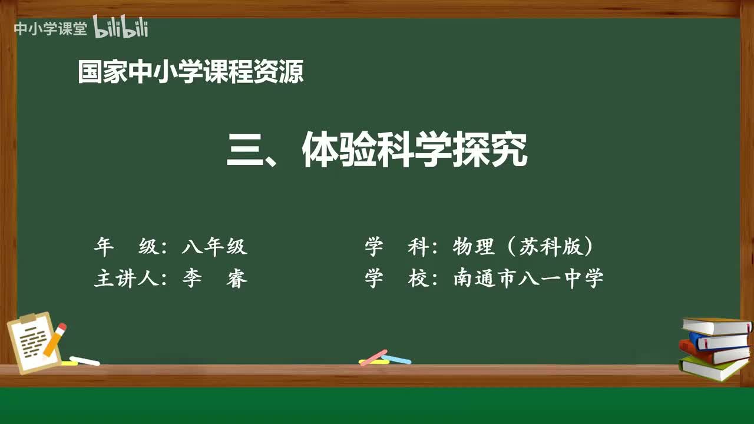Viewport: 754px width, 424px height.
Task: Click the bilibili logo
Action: (121, 28)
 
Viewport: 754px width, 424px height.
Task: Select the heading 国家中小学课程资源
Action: (191, 72)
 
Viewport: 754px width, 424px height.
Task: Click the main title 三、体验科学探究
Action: (377, 150)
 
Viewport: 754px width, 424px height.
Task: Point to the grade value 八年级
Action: (214, 247)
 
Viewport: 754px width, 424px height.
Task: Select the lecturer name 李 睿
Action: (214, 278)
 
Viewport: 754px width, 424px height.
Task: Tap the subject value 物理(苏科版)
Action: (523, 247)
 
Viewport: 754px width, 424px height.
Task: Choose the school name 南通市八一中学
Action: (528, 278)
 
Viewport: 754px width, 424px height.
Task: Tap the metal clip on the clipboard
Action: (28, 318)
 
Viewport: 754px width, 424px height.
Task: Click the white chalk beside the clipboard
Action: (85, 360)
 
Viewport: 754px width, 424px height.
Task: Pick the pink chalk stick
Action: (373, 357)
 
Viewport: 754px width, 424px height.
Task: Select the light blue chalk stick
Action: (396, 359)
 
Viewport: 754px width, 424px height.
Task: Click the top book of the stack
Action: (716, 326)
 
